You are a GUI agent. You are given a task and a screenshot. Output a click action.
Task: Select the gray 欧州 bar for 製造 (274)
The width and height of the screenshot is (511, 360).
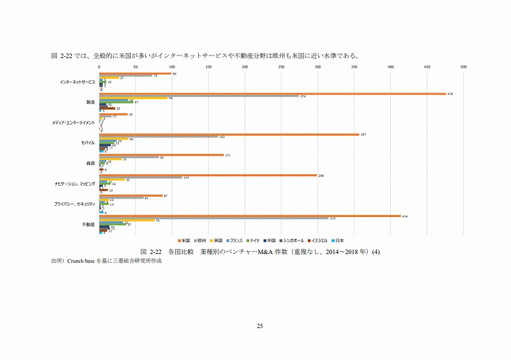click(x=198, y=96)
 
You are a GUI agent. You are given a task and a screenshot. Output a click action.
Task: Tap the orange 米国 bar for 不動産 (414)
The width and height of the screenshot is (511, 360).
click(x=249, y=216)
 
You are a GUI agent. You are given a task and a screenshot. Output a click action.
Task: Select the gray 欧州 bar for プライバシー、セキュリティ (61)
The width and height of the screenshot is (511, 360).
click(x=121, y=197)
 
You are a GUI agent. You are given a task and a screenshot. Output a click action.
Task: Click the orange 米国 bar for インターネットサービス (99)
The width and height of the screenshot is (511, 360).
click(x=135, y=74)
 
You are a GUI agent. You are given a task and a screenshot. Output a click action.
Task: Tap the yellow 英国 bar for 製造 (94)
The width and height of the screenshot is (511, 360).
click(x=133, y=98)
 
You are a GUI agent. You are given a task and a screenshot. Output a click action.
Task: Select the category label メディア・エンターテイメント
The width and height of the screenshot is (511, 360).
click(x=77, y=123)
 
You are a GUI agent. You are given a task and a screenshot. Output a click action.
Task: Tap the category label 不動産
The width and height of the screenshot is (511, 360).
click(x=89, y=225)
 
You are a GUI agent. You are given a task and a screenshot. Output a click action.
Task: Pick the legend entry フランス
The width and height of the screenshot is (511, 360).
click(x=234, y=241)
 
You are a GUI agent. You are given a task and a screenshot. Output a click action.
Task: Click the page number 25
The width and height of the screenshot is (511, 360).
click(x=260, y=327)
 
